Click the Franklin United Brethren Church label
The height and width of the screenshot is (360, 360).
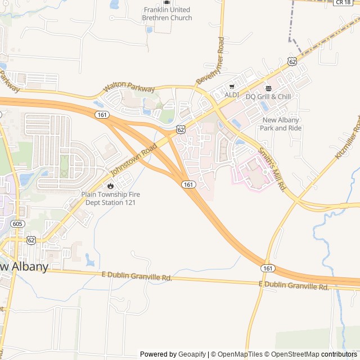coord(168,13)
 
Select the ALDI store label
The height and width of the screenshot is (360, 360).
coord(232,94)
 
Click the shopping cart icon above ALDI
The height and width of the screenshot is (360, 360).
coord(232,87)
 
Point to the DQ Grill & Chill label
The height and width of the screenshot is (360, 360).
coord(268,97)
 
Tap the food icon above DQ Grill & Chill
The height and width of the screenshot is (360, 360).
coord(268,89)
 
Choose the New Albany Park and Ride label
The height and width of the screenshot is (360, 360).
coord(281,124)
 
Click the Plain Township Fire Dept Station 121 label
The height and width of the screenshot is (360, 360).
coord(111,198)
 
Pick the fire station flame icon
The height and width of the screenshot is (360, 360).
coord(110,184)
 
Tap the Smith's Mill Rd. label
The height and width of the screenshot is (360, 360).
coord(273,168)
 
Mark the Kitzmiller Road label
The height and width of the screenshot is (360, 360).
coord(348,138)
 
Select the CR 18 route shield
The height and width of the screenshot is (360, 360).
coord(343,2)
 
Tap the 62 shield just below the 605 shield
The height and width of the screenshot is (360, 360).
coord(31,240)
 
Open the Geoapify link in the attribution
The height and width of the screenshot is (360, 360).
coord(192,354)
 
